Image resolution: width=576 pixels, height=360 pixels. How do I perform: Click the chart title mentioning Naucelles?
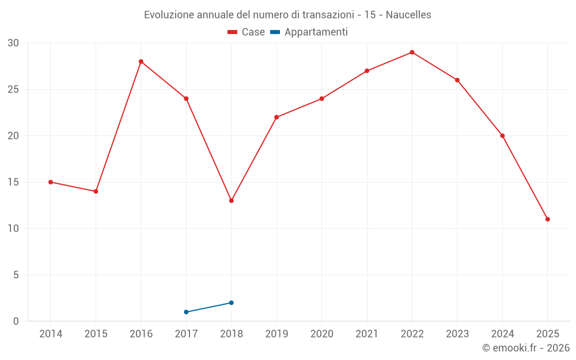click(287, 15)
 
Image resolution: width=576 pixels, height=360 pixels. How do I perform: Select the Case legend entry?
click(247, 32)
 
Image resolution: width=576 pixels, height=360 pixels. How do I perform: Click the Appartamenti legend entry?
click(309, 32)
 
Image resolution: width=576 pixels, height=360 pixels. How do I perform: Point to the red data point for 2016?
click(141, 62)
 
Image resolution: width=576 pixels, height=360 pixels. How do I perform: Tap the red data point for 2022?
click(412, 52)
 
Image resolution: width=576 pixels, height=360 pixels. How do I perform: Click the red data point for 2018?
click(231, 200)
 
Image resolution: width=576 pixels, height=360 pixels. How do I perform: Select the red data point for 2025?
click(547, 219)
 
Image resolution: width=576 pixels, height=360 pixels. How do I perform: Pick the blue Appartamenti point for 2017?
click(186, 312)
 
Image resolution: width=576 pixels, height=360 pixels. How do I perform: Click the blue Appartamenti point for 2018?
click(231, 302)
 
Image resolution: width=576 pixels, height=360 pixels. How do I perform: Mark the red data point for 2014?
click(51, 182)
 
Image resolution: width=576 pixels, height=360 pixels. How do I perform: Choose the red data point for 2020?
click(321, 98)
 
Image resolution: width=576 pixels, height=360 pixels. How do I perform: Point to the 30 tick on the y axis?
click(13, 43)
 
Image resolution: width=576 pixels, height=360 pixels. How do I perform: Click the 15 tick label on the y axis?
click(13, 182)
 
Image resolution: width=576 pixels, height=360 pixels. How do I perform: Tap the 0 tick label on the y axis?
click(16, 321)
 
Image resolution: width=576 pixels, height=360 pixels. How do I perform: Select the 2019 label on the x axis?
click(276, 334)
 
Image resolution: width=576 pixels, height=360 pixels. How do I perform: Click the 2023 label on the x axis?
click(457, 334)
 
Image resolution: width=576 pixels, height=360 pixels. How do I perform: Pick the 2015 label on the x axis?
click(96, 334)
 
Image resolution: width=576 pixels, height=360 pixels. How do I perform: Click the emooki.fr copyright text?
click(525, 348)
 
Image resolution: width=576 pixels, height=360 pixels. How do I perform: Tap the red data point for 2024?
click(502, 136)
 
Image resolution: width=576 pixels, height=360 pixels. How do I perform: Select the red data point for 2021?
click(367, 71)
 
